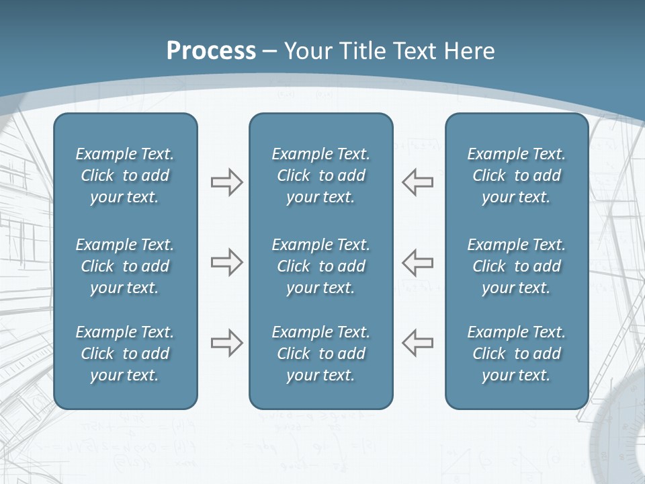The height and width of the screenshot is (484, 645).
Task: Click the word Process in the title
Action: [211, 51]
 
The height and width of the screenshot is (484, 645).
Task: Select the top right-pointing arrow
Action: [226, 182]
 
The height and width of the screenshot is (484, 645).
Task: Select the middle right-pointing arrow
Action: [226, 262]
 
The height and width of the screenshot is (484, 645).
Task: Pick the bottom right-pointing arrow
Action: [226, 343]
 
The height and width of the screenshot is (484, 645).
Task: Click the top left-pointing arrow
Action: [418, 182]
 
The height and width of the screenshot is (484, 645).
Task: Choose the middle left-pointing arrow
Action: [418, 262]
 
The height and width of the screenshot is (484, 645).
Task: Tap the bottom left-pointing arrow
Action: [418, 343]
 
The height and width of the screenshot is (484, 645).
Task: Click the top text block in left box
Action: [125, 175]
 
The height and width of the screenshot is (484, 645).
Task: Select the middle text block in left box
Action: [125, 266]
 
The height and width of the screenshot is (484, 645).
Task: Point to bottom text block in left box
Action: [125, 354]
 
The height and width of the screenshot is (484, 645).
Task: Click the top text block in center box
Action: [320, 175]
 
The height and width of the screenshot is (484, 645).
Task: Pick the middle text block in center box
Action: [320, 266]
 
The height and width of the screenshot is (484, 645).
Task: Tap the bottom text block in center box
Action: [320, 354]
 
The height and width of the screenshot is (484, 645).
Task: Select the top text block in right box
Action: [516, 175]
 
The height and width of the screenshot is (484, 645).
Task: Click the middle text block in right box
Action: [516, 266]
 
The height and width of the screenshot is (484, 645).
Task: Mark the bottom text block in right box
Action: [516, 354]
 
